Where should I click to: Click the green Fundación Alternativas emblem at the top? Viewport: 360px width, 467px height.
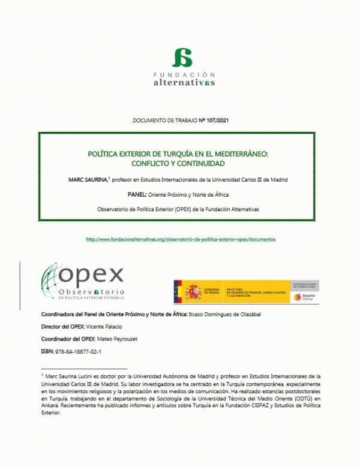coord(181,58)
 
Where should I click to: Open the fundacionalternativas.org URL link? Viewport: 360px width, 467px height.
coord(181,239)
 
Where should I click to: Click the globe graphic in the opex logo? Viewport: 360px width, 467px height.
coord(55,282)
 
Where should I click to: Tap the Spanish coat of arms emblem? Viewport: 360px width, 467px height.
coord(193,291)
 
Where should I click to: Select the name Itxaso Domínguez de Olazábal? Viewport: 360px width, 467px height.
coord(226,314)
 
